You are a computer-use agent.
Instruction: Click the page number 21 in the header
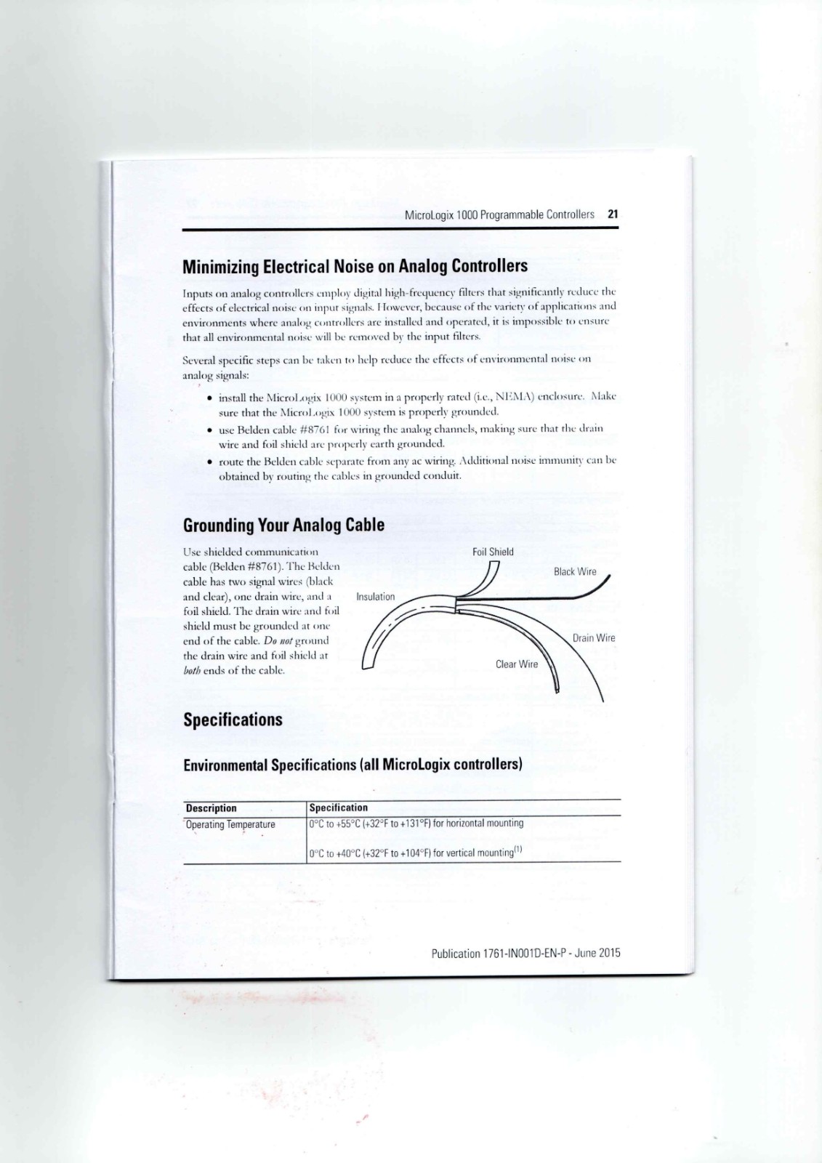point(613,214)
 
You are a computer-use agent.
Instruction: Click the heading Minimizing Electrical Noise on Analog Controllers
point(355,266)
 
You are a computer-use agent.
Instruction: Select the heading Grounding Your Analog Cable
point(283,525)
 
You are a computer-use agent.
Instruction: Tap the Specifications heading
point(233,720)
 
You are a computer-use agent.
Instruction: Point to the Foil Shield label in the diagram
point(493,552)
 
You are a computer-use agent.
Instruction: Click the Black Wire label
point(575,572)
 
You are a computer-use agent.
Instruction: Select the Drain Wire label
point(593,638)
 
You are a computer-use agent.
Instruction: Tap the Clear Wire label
point(517,664)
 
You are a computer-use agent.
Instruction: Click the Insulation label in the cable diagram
point(375,597)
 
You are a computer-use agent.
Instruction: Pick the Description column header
point(211,808)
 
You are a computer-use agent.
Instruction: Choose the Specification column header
point(339,808)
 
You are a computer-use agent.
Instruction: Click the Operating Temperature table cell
point(230,824)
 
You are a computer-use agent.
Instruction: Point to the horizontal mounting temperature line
point(416,824)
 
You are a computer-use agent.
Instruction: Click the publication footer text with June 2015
point(525,953)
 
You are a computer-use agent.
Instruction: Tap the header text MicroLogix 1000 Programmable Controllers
point(499,214)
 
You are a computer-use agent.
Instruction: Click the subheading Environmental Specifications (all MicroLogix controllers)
point(352,765)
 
